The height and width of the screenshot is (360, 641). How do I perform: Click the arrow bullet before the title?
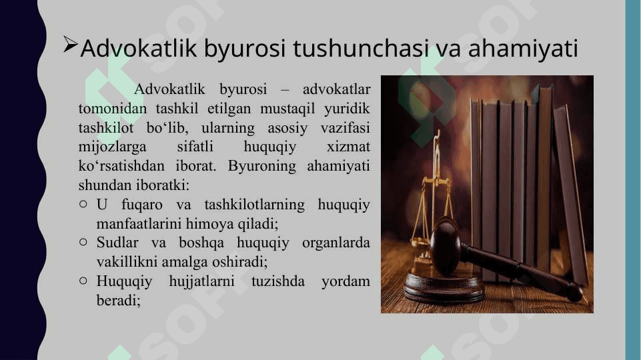pos(70,45)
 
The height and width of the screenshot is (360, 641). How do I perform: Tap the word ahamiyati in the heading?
pos(523,49)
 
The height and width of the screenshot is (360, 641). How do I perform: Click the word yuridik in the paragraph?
pos(347,108)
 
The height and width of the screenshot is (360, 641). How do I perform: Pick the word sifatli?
pos(195,146)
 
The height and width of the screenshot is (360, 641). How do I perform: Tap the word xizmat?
pos(348,146)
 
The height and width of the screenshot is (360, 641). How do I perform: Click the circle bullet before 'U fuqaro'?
pos(83,204)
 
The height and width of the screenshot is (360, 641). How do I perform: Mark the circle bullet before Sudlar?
pos(83,242)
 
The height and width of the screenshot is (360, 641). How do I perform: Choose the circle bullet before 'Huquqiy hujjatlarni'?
pos(83,281)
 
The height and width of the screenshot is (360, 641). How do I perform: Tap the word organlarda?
pos(336,243)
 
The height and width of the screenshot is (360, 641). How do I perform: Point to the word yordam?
pos(346,281)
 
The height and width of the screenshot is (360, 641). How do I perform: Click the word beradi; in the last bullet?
pos(119,301)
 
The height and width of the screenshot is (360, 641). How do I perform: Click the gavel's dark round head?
pos(446,247)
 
